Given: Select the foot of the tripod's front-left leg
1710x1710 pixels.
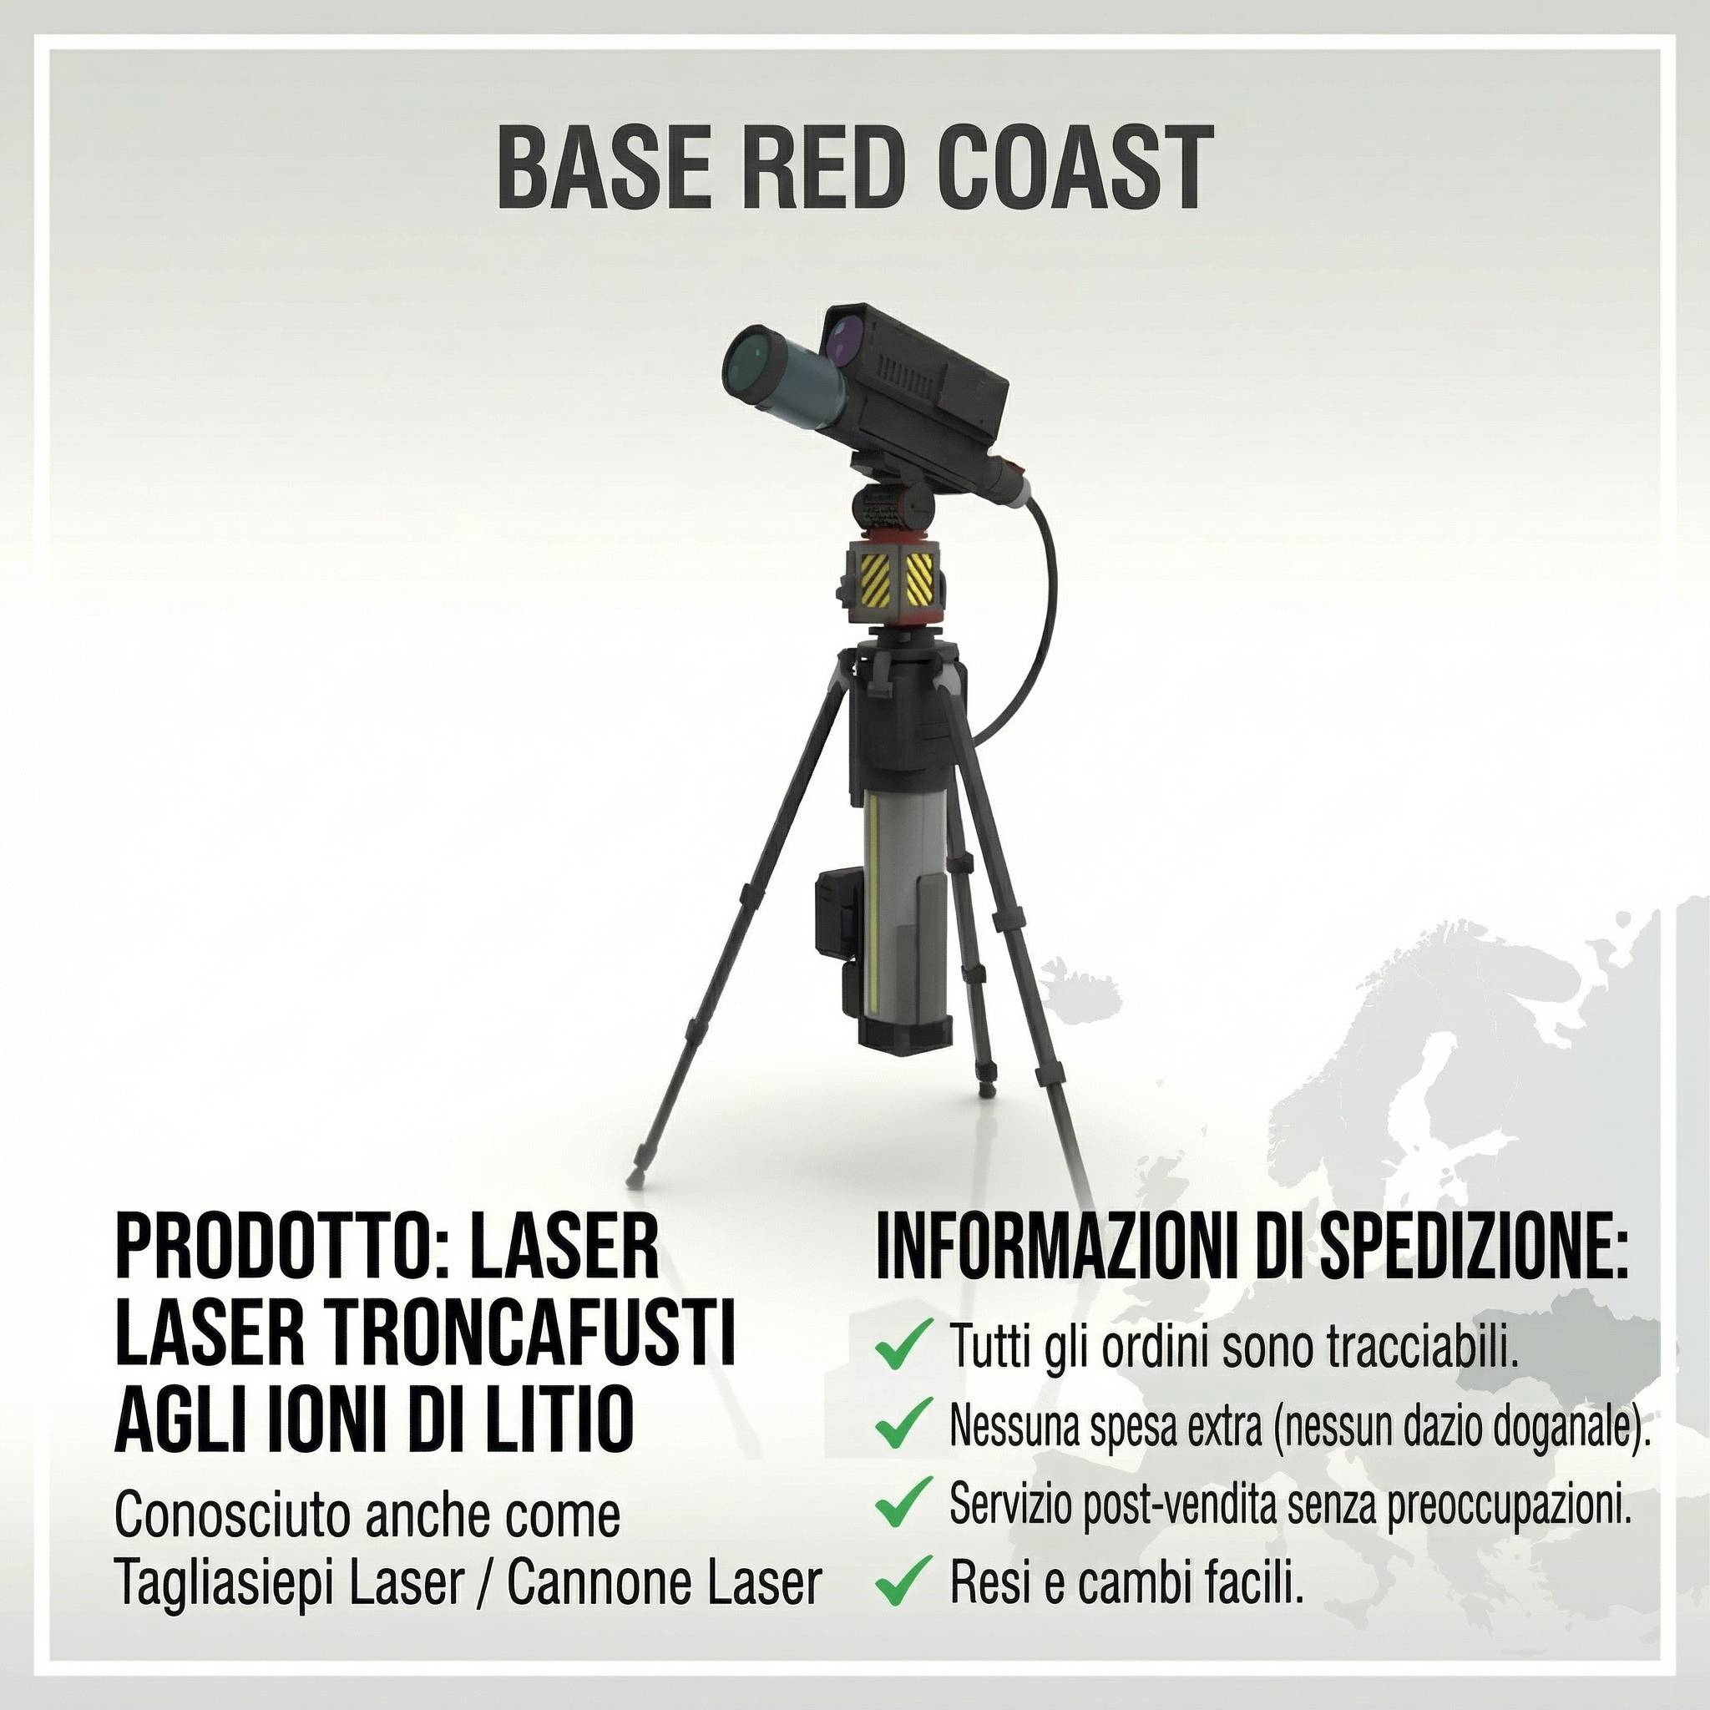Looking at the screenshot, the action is (635, 1176).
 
